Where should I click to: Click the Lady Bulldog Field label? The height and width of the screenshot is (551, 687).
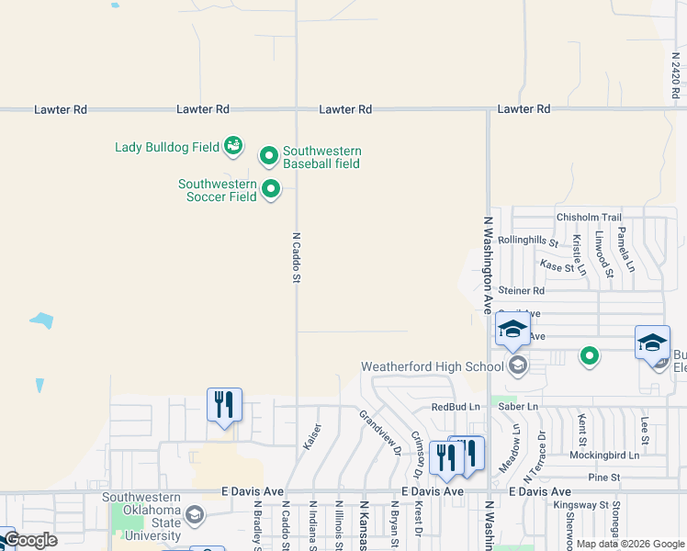166,146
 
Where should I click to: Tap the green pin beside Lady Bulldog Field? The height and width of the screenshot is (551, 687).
233,145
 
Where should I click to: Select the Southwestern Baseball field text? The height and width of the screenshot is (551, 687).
321,157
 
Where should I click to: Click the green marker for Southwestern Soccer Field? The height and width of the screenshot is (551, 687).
271,190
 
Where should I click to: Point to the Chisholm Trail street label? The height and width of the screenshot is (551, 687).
589,218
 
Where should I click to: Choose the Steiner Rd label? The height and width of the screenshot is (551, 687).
522,291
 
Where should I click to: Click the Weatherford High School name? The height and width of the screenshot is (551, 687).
432,366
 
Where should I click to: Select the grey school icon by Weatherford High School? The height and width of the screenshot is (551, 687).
517,366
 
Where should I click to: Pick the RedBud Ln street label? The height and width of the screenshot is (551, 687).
456,407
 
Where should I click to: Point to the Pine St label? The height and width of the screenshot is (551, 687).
603,478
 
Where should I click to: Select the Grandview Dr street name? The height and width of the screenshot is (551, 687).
380,432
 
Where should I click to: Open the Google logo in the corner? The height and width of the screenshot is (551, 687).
30,540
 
